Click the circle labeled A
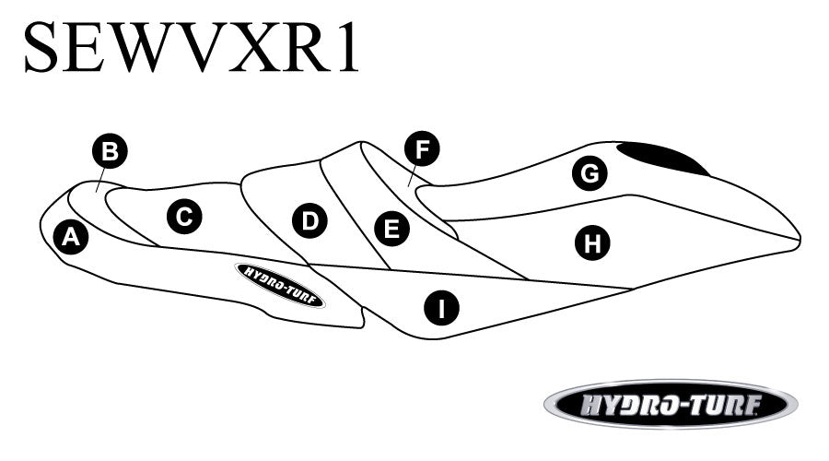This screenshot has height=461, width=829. [x=69, y=238]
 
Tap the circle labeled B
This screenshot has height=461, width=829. [x=110, y=151]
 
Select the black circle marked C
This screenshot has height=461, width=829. [x=183, y=217]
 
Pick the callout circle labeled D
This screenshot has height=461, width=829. [x=309, y=220]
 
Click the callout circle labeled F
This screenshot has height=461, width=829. [x=422, y=148]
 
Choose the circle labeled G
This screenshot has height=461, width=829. [x=590, y=172]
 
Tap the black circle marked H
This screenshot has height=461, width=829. [x=592, y=243]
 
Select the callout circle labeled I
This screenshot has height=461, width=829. [x=442, y=307]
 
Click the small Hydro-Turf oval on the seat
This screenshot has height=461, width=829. [x=280, y=284]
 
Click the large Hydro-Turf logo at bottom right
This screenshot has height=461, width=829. [x=670, y=405]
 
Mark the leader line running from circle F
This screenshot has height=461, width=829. [x=414, y=172]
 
